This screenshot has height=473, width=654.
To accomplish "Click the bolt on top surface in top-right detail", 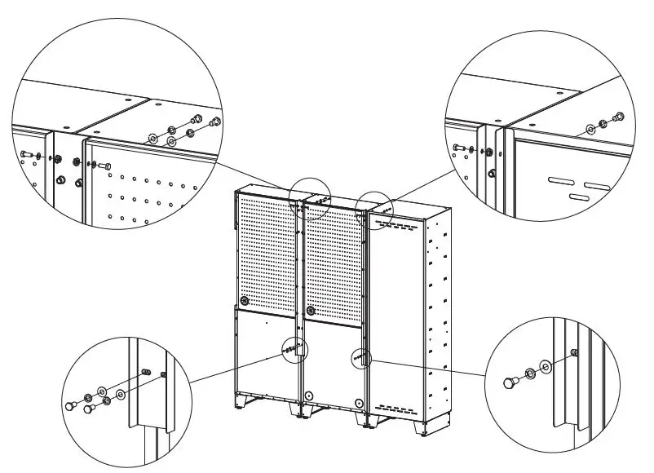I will (617, 117).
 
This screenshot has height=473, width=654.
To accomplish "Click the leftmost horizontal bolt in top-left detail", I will (27, 154).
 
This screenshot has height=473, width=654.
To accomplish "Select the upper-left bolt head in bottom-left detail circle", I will (70, 403).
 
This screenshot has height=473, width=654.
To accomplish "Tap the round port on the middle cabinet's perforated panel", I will (311, 311).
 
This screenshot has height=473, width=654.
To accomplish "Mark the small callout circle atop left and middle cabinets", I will (312, 198).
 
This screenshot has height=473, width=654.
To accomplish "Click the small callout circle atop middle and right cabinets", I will (376, 210).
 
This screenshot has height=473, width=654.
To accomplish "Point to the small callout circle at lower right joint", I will (360, 356).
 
